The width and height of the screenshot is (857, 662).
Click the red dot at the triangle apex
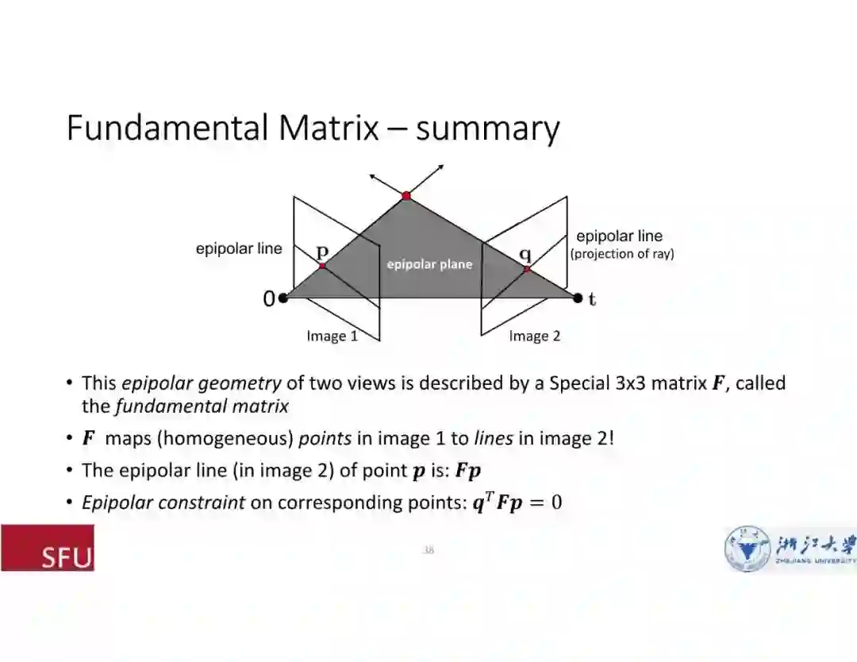point(406,195)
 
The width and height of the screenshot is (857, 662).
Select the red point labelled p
point(322,266)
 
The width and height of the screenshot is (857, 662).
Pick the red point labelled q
point(526,269)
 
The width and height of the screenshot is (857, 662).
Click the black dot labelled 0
point(283,298)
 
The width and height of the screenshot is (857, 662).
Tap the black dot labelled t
point(578,298)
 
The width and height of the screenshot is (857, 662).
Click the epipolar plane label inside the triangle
point(429,264)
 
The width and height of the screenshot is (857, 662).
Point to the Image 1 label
point(332,336)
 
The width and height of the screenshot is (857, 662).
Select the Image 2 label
point(534,336)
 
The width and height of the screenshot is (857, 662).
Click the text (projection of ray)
point(622,254)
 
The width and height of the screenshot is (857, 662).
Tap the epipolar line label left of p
point(239,248)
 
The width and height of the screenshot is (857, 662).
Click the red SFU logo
point(48,548)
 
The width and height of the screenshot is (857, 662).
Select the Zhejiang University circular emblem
point(747,548)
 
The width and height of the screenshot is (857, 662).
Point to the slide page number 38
point(428,549)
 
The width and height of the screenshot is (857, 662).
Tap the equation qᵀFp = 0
point(517,502)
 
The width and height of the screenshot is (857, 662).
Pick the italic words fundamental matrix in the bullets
point(202,406)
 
